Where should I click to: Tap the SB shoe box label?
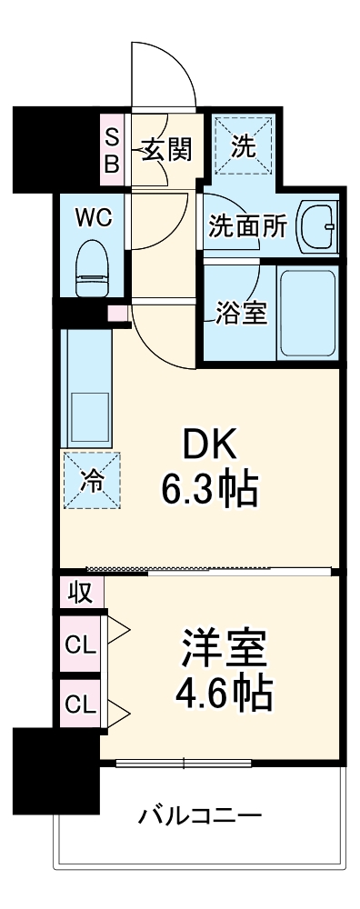[x=112, y=150]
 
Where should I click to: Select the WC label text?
[x=93, y=218]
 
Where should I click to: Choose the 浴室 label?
[x=241, y=312]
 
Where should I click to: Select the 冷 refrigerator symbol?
[x=92, y=479]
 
